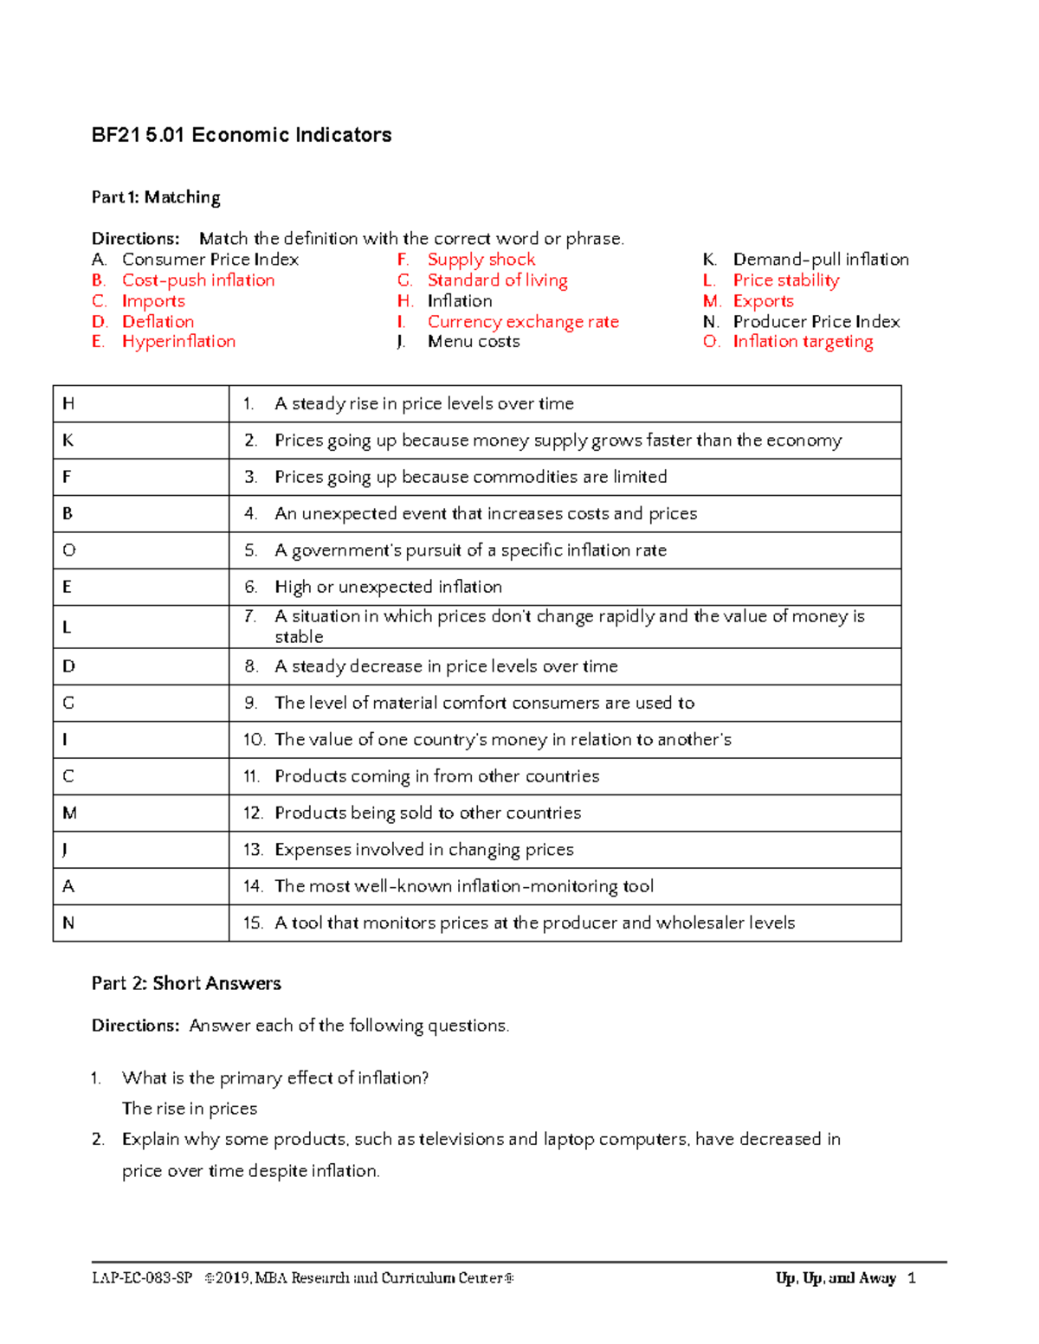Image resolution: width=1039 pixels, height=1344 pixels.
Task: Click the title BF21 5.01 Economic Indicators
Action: (242, 135)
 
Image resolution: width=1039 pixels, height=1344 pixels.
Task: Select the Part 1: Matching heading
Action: (156, 197)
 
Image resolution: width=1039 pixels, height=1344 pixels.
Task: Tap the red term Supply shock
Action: (481, 260)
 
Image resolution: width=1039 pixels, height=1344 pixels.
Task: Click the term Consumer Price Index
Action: (210, 260)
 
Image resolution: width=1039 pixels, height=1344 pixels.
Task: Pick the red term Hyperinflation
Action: (178, 342)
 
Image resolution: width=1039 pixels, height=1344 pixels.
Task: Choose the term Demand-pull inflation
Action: (820, 260)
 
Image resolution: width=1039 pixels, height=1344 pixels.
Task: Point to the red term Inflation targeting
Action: (803, 342)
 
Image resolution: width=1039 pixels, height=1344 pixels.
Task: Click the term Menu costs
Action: (474, 342)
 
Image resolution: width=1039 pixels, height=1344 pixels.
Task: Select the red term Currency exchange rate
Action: (523, 322)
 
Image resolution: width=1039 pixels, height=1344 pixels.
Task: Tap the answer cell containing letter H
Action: (69, 404)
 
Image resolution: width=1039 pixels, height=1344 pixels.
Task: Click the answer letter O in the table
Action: (69, 550)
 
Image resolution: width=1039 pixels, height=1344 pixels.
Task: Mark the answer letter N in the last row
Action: (69, 923)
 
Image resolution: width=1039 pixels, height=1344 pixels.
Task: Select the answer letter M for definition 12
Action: (70, 813)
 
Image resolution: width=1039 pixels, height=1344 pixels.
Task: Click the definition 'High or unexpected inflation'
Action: (388, 587)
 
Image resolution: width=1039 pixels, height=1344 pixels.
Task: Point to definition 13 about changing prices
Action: (423, 850)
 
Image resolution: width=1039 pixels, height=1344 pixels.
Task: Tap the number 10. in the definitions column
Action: (254, 740)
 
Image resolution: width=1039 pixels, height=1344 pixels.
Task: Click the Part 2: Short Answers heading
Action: (186, 983)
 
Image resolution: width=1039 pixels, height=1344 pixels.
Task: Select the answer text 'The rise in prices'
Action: (190, 1109)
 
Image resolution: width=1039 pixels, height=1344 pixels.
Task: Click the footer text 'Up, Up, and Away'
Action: (836, 1278)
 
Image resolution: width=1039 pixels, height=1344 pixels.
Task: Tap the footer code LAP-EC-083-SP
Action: (142, 1278)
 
